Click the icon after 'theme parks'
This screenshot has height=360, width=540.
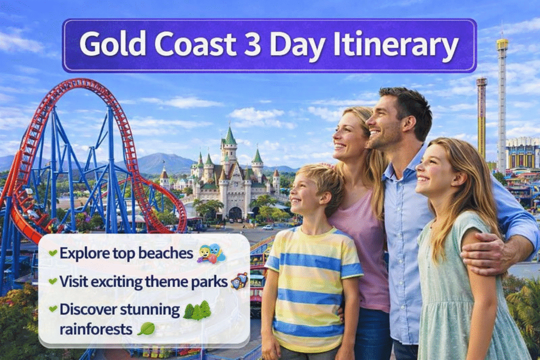click(239, 281)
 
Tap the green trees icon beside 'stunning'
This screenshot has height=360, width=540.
click(197, 310)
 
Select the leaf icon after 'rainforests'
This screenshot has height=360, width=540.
click(146, 329)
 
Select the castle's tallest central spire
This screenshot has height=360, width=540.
click(230, 136)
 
